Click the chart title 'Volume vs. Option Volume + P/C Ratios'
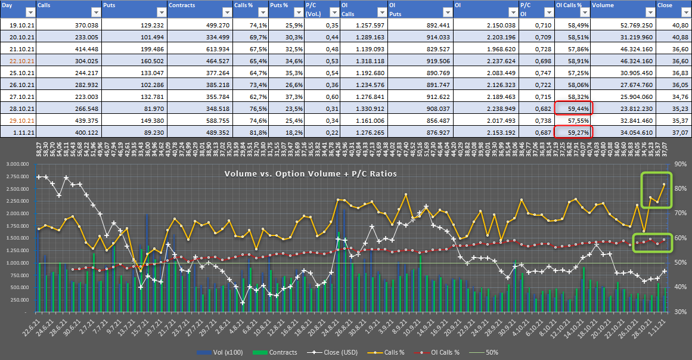[x=311, y=174]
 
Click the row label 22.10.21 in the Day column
[x=18, y=61]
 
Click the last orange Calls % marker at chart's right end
[x=664, y=184]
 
